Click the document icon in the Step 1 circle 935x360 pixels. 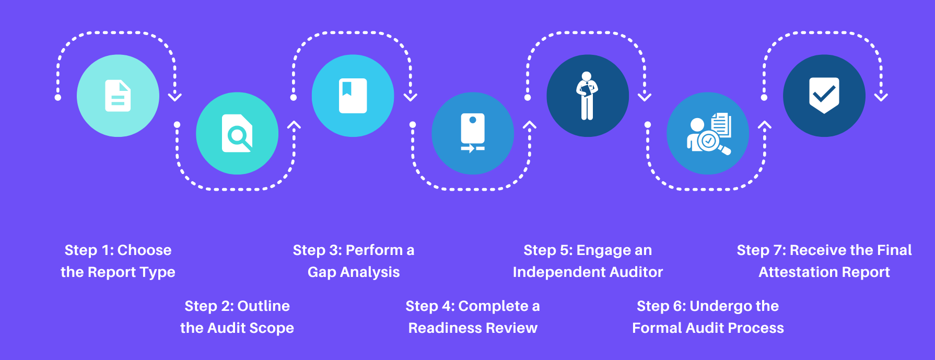[118, 96]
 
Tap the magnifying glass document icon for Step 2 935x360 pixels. [237, 133]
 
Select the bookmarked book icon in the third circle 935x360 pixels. [353, 96]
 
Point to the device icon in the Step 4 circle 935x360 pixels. [473, 133]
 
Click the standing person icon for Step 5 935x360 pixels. [587, 96]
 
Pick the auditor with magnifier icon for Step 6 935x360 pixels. [709, 134]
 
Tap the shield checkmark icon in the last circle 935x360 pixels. [824, 96]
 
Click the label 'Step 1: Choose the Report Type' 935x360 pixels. [118, 261]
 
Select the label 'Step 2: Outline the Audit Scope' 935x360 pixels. [237, 317]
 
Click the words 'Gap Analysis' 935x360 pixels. [354, 272]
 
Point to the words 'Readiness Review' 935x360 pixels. [473, 328]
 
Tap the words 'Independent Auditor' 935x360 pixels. [588, 272]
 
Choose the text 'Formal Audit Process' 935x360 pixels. [708, 328]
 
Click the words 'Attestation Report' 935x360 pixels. [824, 272]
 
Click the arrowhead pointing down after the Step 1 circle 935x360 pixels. [175, 97]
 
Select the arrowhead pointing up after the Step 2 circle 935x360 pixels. [294, 125]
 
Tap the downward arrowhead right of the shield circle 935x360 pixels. [881, 97]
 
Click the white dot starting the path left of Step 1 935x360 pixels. [58, 98]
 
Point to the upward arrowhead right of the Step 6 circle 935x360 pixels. [765, 125]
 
